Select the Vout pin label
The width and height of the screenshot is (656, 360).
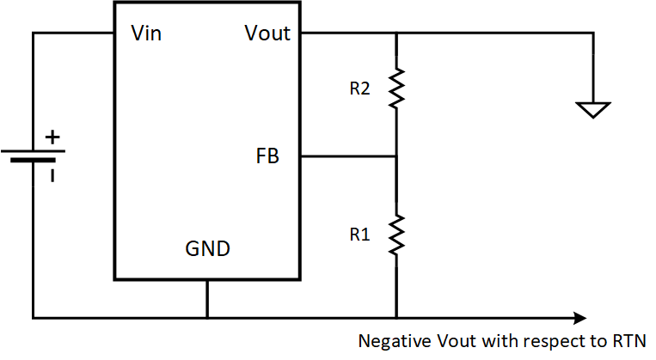267,34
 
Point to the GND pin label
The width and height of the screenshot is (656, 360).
208,250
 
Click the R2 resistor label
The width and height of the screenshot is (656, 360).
360,88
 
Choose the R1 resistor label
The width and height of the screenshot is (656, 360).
360,234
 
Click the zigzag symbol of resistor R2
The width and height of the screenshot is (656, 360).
396,88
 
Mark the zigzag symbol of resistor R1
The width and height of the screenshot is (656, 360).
396,234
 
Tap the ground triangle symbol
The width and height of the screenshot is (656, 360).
593,110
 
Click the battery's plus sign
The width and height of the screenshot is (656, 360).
53,137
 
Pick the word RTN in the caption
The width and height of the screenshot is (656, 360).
630,339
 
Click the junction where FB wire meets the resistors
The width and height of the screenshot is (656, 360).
396,157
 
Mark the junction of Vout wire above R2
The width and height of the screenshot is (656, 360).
396,34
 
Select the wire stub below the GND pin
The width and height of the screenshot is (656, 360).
207,298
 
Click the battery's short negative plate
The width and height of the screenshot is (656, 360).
33,161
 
